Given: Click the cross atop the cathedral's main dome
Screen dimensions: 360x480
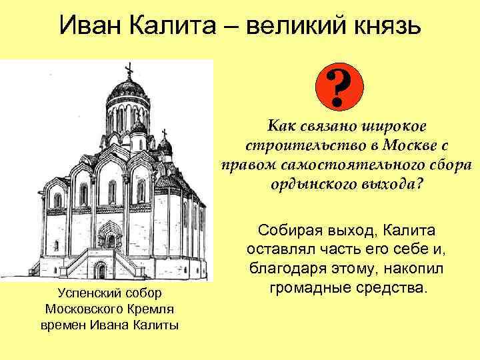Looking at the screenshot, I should click(x=128, y=68).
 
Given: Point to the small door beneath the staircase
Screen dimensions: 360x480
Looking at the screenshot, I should click(x=101, y=269).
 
